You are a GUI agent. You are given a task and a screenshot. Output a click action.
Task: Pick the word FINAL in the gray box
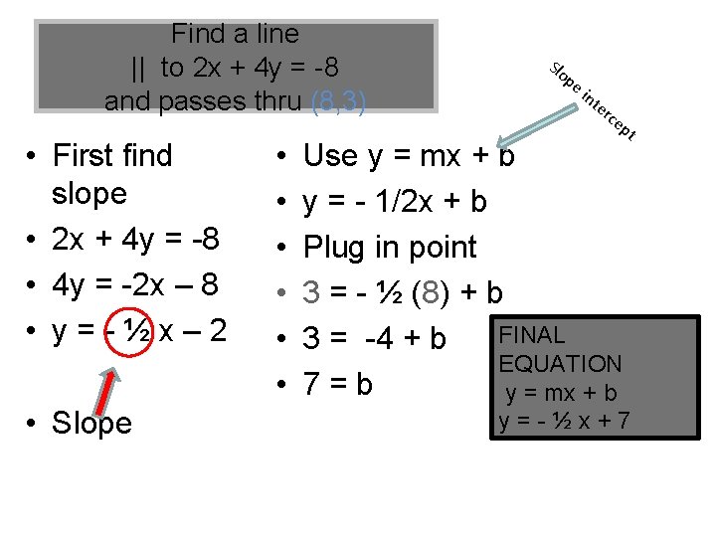532,335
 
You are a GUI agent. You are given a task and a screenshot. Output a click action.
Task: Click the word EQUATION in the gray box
561,364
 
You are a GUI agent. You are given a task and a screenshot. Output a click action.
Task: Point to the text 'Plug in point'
390,247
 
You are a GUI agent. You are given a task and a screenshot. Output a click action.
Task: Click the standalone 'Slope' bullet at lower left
91,423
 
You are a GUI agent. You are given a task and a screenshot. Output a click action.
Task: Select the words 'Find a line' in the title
235,34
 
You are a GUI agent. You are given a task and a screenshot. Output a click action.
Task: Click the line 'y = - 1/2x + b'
395,202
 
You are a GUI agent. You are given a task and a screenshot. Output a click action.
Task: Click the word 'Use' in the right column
330,155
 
